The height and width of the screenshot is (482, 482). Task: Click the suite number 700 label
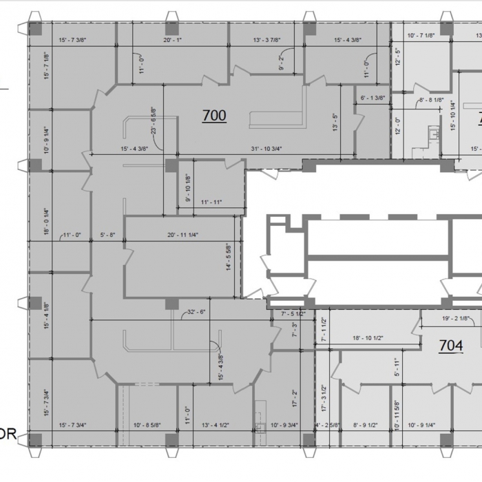[x=214, y=116]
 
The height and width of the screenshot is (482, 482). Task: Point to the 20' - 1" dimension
[x=172, y=40]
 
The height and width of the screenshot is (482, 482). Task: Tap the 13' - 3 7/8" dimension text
[x=267, y=40]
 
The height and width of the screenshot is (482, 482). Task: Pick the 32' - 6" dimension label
[x=196, y=312]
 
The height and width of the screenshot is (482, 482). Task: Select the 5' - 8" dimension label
[x=107, y=235]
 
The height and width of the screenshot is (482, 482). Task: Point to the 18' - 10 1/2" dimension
[x=368, y=338]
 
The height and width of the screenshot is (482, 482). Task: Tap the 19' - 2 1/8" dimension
[x=455, y=319]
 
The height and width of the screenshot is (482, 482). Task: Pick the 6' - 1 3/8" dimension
[x=373, y=98]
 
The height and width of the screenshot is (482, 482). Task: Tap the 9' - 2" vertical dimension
[x=282, y=64]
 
